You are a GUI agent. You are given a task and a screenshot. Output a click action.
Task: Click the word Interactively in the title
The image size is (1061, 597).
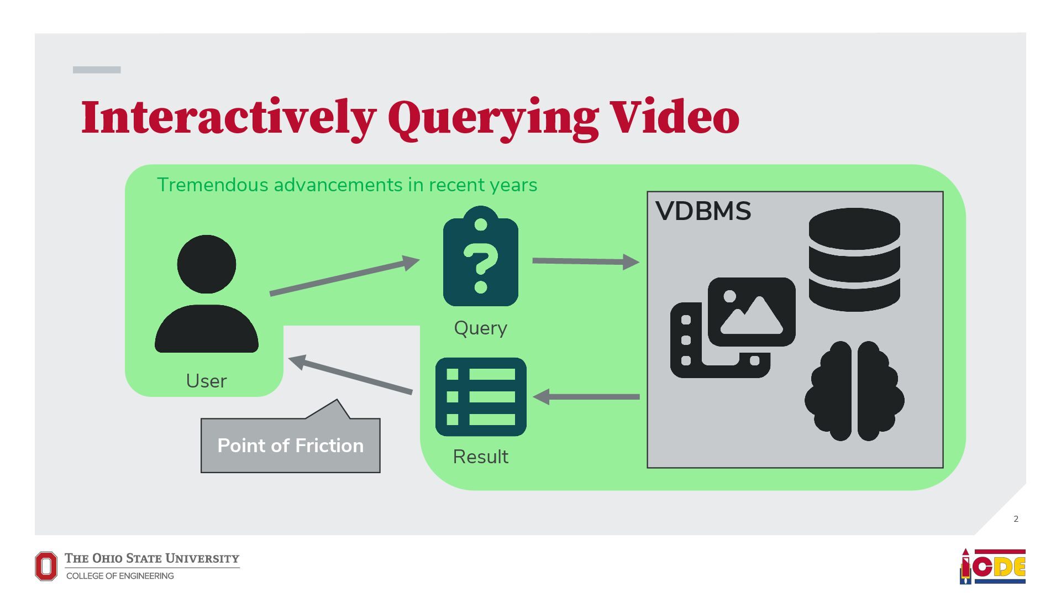click(228, 117)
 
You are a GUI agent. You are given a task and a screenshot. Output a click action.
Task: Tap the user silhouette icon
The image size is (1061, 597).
click(207, 294)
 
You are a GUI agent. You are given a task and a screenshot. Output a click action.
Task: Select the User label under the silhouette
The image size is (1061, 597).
click(206, 381)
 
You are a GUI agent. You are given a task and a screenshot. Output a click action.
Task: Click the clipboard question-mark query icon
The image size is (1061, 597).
click(481, 256)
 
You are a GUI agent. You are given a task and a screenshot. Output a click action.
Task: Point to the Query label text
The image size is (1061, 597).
click(480, 328)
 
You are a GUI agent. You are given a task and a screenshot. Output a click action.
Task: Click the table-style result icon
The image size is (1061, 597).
click(481, 396)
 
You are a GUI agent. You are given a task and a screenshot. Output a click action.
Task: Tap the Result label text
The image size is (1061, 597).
click(480, 457)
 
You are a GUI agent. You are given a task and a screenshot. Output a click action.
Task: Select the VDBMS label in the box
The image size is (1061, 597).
click(703, 211)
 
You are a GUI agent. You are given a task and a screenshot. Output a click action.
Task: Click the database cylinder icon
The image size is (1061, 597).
click(854, 259)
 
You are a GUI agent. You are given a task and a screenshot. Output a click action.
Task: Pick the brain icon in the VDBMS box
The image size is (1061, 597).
click(854, 391)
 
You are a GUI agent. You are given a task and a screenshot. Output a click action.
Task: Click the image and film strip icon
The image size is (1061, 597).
click(733, 328)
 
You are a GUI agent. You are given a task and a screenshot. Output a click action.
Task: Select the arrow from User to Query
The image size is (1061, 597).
click(344, 276)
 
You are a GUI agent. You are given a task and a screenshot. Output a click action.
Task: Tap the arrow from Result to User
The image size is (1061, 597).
click(350, 376)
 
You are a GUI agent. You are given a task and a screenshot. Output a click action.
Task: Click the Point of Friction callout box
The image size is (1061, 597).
click(291, 446)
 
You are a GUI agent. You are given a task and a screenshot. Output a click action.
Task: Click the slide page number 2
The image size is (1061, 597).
click(1016, 519)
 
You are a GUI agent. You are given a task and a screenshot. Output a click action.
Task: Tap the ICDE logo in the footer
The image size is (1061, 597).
click(992, 566)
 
